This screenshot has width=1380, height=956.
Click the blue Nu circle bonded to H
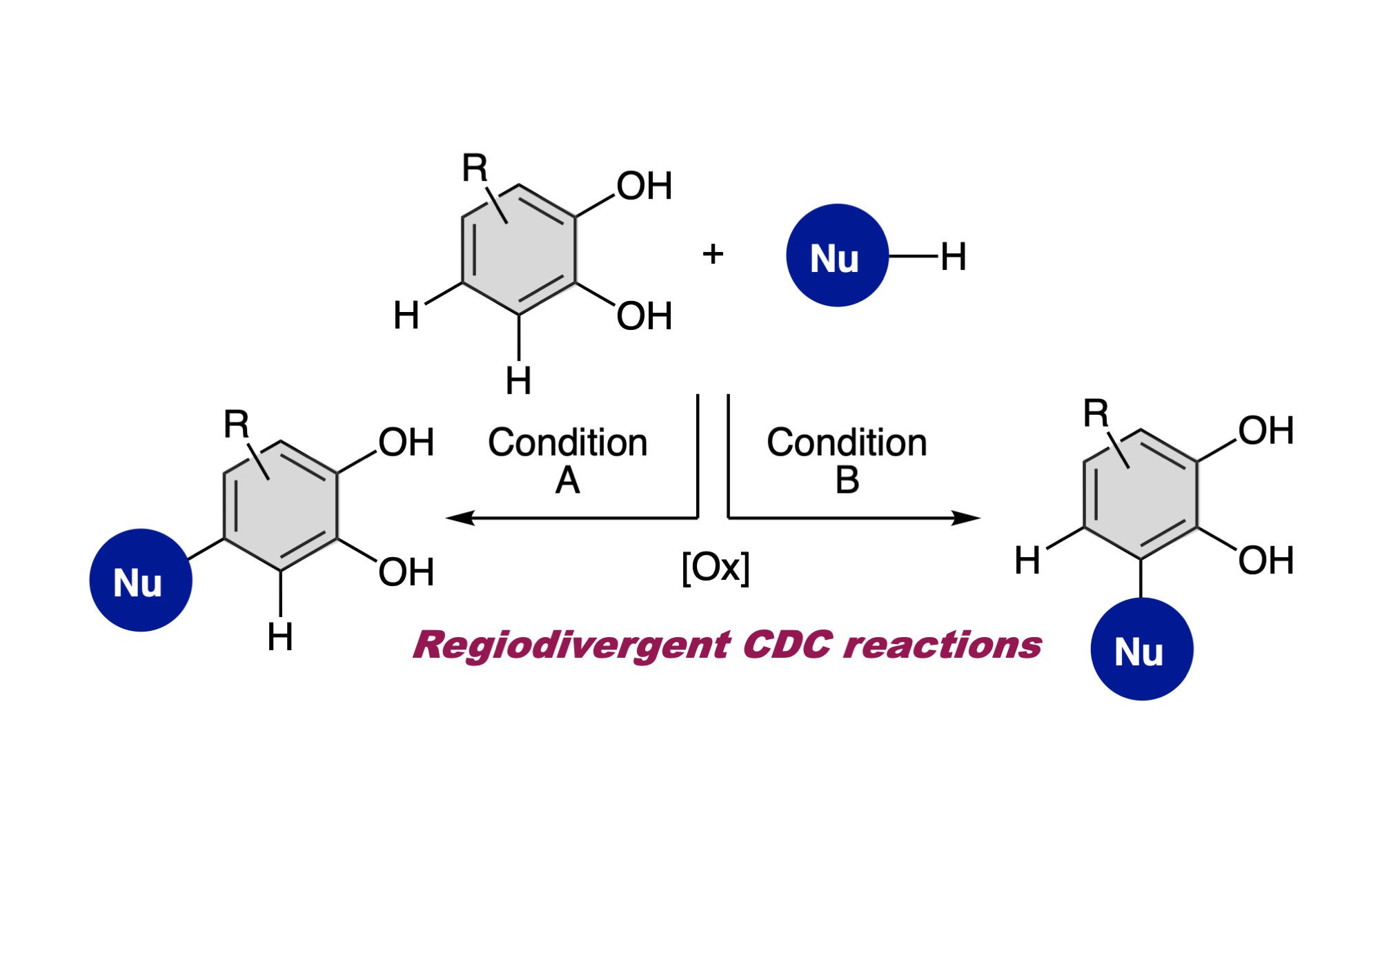(837, 255)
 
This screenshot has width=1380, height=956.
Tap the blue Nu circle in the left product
(141, 580)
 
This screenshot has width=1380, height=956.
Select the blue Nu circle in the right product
(1141, 649)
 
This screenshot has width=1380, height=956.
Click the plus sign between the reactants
(713, 254)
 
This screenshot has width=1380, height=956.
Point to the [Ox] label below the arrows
(715, 567)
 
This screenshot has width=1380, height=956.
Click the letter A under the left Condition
(567, 480)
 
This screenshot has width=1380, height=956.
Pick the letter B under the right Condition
(847, 480)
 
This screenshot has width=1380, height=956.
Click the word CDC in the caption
(787, 645)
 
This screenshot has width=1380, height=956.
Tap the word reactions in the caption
(943, 645)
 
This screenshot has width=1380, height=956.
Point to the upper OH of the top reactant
(644, 186)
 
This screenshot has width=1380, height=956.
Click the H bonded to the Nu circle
(953, 257)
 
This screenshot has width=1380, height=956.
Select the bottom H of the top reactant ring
(518, 380)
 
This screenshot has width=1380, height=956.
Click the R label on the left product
(236, 424)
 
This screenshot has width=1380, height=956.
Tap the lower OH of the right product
(1265, 560)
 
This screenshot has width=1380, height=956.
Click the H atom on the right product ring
(1027, 560)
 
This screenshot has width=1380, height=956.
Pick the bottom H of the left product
(280, 636)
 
